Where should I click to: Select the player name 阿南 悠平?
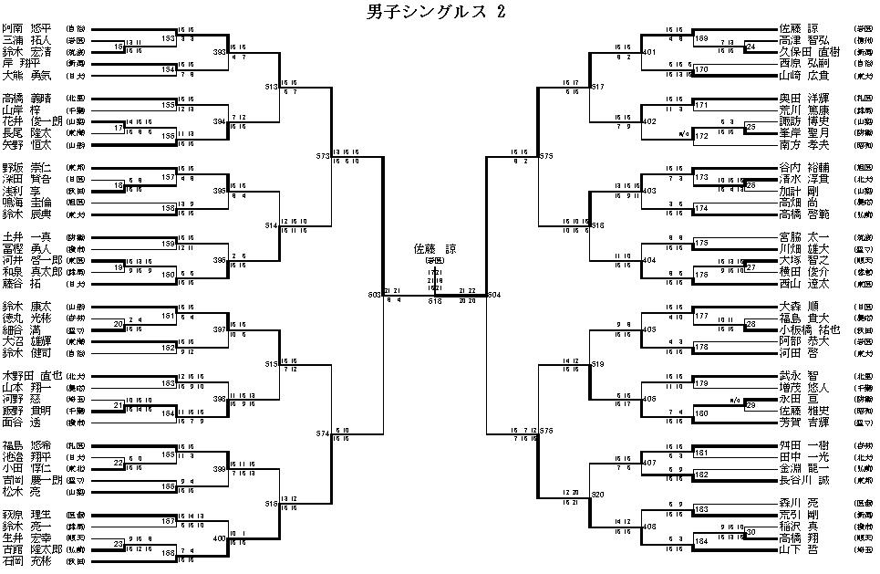tap(26, 28)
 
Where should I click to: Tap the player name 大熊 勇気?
tap(26, 75)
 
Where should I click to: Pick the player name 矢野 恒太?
tap(26, 144)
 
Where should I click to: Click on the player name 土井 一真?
tap(26, 236)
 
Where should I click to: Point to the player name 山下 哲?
tap(797, 550)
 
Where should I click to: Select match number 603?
tap(374, 295)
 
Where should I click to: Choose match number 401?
tap(648, 52)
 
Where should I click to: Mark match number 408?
tap(648, 527)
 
